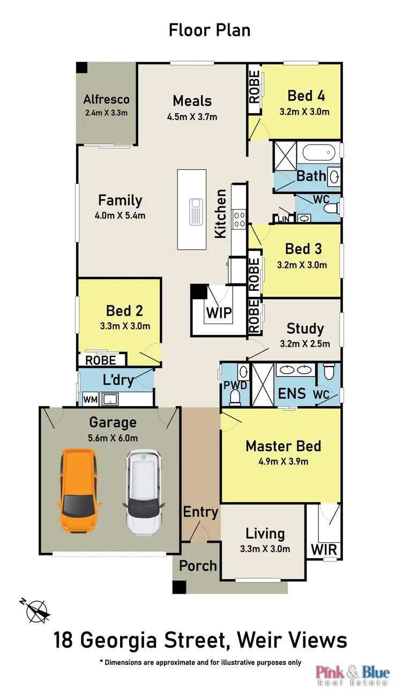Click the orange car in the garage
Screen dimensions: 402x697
coord(78,491)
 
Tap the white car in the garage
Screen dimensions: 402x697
coord(144,492)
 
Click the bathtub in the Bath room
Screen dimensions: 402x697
coord(318,153)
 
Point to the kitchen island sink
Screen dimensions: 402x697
coord(196,212)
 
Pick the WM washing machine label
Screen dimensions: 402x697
coord(90,399)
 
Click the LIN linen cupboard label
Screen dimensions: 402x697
coord(284,219)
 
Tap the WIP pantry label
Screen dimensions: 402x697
coord(219,313)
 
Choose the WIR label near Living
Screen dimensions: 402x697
coord(324,550)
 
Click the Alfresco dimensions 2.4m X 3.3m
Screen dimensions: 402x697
coord(107,113)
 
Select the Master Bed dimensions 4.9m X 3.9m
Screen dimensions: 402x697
coord(283,461)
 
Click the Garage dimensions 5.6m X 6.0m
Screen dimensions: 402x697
coord(113,438)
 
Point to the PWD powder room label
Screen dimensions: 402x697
coord(235,385)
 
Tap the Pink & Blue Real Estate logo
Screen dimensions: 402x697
coord(353,675)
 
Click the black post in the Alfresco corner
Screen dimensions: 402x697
coord(82,68)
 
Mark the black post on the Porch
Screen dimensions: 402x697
coord(179,587)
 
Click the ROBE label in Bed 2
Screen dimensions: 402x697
coord(101,361)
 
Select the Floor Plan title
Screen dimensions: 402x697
coord(210,31)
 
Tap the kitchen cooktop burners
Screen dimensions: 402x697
coord(240,219)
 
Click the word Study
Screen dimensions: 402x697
coord(305,328)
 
